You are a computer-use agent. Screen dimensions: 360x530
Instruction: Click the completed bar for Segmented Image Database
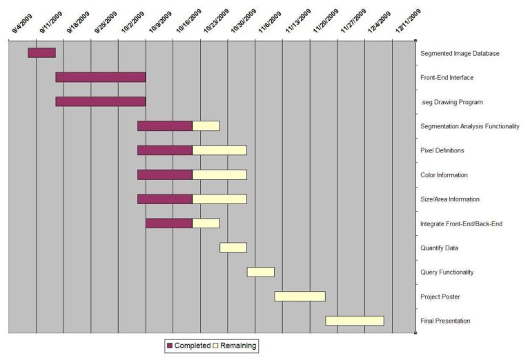[41, 52]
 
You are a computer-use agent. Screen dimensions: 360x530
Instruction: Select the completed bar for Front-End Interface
[100, 77]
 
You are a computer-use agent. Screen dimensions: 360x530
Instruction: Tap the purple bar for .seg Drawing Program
[100, 101]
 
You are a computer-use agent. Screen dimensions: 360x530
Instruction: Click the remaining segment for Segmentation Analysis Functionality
[206, 126]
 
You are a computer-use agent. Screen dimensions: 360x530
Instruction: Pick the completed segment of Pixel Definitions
[164, 150]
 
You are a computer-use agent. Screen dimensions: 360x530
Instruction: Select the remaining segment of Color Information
[219, 174]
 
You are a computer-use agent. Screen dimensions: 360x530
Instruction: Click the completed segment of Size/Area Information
[164, 199]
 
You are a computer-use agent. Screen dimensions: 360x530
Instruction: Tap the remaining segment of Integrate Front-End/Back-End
[206, 223]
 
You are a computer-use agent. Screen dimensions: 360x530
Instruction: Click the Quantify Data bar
[233, 248]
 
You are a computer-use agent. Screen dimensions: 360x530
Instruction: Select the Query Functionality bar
[260, 272]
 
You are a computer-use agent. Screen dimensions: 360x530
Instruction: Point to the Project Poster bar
[300, 296]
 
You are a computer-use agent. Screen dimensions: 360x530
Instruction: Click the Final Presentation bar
[354, 321]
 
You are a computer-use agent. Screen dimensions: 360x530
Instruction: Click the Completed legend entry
[188, 345]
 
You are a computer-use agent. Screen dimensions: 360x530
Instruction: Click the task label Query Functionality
[446, 272]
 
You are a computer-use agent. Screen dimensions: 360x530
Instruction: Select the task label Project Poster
[440, 297]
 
